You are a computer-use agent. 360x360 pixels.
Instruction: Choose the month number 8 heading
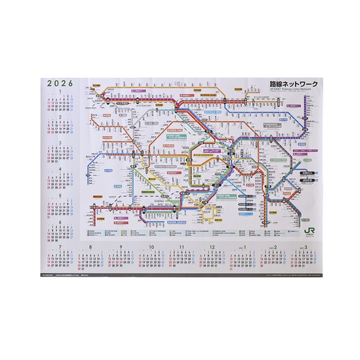click(89, 247)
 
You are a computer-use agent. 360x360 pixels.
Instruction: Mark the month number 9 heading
click(121, 247)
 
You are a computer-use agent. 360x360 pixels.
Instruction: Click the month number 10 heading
click(153, 247)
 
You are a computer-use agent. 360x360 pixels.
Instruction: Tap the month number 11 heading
click(182, 247)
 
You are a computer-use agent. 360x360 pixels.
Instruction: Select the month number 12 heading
click(212, 247)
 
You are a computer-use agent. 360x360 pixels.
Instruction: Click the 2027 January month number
click(246, 247)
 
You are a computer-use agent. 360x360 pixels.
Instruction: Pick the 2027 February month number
click(276, 247)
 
